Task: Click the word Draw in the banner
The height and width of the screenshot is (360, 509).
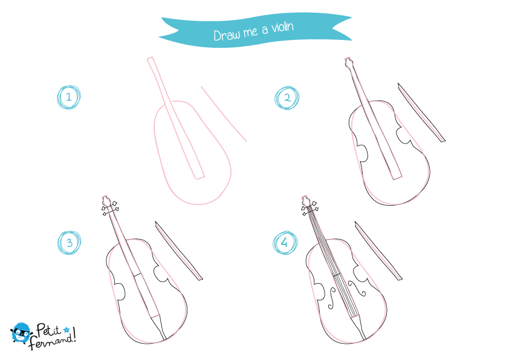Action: pyautogui.click(x=227, y=34)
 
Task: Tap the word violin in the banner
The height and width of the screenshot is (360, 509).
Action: pyautogui.click(x=282, y=27)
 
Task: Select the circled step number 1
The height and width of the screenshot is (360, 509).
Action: pyautogui.click(x=69, y=97)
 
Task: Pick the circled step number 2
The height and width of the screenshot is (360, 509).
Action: pyautogui.click(x=287, y=98)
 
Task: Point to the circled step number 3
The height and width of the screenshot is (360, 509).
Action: pyautogui.click(x=69, y=243)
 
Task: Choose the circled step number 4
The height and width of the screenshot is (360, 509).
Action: pyautogui.click(x=285, y=243)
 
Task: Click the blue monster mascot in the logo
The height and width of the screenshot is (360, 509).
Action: pyautogui.click(x=21, y=333)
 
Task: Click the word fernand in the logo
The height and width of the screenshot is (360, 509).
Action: pyautogui.click(x=51, y=342)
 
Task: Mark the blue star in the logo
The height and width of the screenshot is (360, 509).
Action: pyautogui.click(x=66, y=330)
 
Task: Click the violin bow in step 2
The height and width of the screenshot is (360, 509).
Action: pyautogui.click(x=421, y=113)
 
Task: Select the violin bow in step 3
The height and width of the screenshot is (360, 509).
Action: pyautogui.click(x=178, y=251)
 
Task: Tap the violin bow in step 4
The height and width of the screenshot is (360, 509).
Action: pyautogui.click(x=378, y=251)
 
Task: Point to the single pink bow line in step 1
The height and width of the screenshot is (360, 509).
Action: pyautogui.click(x=224, y=114)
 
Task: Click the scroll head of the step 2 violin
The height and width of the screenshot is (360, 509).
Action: pyautogui.click(x=348, y=62)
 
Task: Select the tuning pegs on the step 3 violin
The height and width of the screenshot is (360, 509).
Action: pyautogui.click(x=111, y=208)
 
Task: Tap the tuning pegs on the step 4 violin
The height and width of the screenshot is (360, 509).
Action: pyautogui.click(x=310, y=208)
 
